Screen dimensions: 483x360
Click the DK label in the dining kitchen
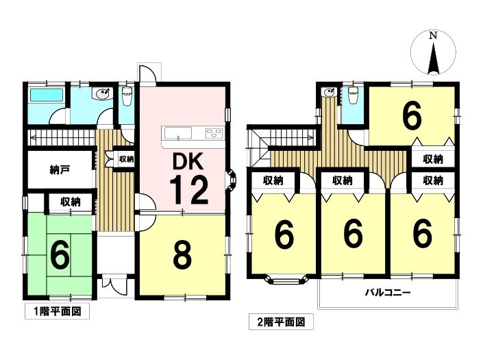click(188, 161)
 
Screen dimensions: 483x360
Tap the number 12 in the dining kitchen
click(188, 190)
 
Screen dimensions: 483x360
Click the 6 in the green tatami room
click(60, 256)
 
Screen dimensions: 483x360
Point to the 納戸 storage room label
click(60, 169)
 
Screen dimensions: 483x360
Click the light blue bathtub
click(47, 95)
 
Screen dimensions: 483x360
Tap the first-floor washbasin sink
click(102, 93)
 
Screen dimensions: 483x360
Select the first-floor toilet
click(127, 93)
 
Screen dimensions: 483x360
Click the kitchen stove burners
click(214, 133)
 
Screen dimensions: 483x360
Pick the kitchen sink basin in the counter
click(178, 133)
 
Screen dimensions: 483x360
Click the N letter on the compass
click(433, 36)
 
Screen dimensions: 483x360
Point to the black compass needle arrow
click(434, 58)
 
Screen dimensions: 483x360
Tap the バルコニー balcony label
click(388, 292)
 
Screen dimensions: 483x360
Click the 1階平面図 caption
click(58, 311)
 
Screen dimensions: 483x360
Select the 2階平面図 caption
click(281, 322)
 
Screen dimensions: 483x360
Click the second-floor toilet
click(352, 93)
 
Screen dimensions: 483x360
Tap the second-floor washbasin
click(329, 92)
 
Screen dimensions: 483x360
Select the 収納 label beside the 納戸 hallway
click(126, 159)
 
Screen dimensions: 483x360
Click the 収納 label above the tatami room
click(71, 202)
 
